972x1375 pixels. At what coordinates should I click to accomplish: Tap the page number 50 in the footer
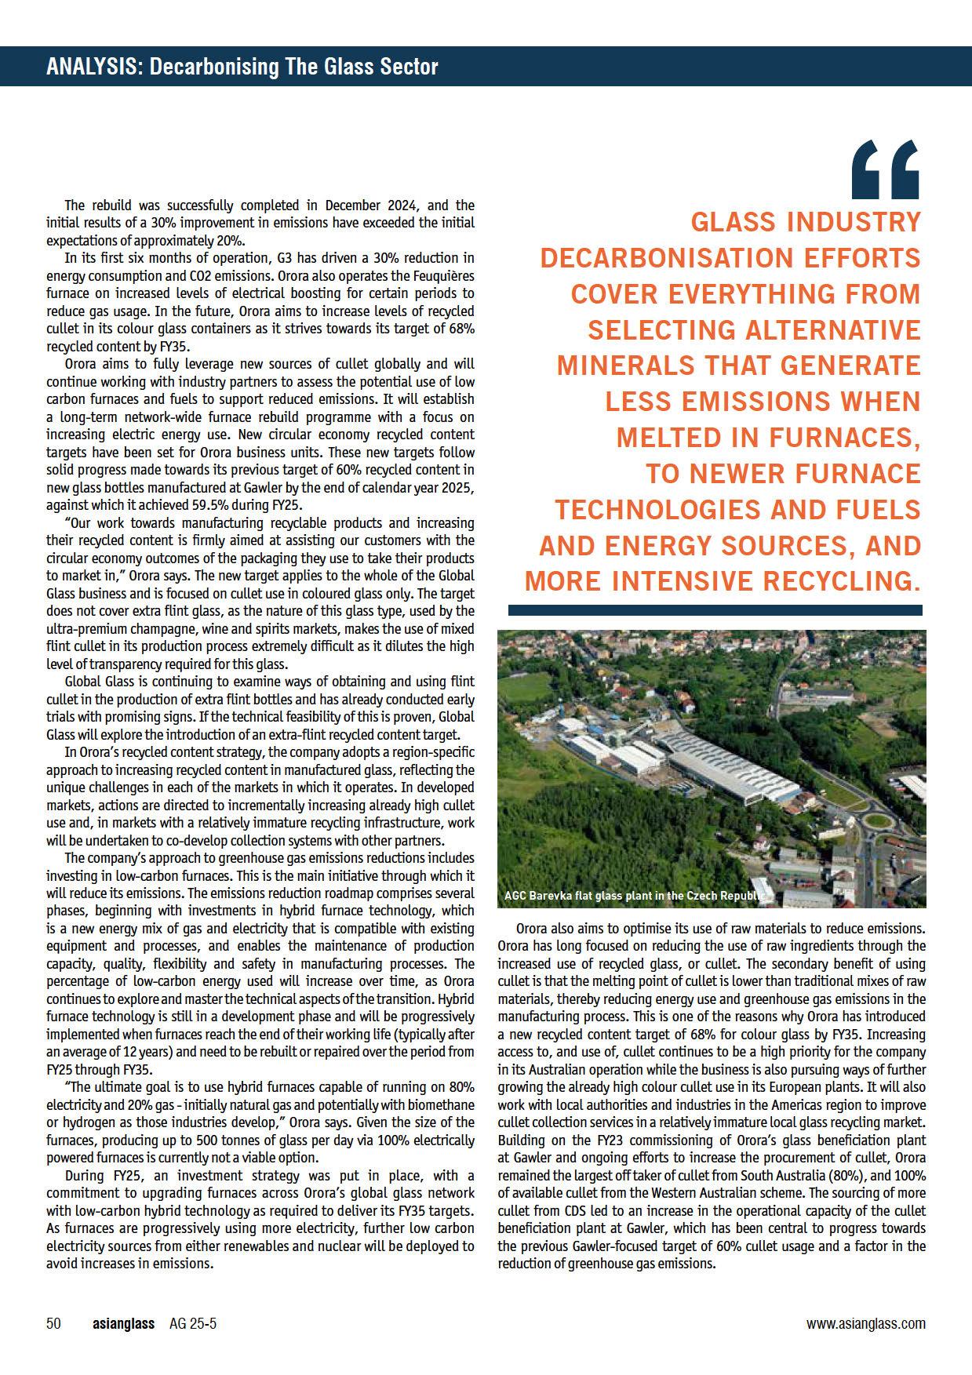[x=53, y=1324]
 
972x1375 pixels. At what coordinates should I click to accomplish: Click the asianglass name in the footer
[x=123, y=1324]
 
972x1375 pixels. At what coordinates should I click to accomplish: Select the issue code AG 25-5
[x=193, y=1324]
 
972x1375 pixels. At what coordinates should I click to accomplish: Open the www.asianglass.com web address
[x=865, y=1324]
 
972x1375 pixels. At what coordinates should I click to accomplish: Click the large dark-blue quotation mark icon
[x=885, y=169]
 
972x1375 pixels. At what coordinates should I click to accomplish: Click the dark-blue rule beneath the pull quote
[x=715, y=609]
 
